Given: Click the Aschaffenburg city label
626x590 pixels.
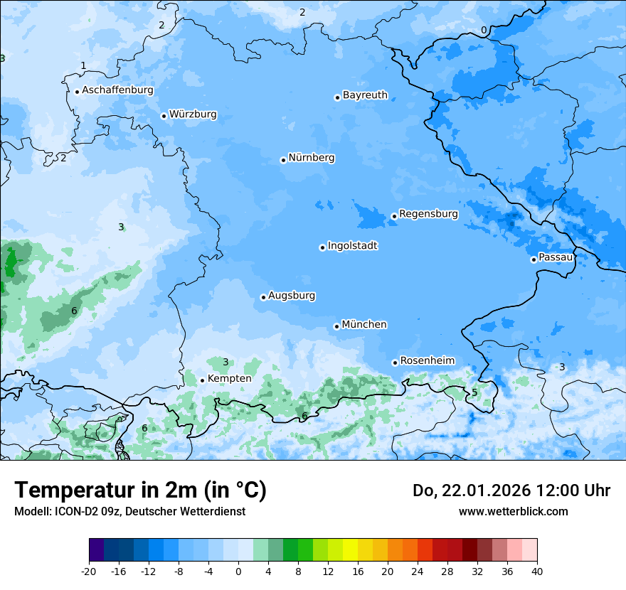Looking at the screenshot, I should pyautogui.click(x=117, y=90).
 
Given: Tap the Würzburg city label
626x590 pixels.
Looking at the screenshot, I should pyautogui.click(x=193, y=114).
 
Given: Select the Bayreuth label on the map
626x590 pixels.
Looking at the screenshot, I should pyautogui.click(x=365, y=95).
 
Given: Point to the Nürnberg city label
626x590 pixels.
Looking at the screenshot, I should pyautogui.click(x=311, y=158).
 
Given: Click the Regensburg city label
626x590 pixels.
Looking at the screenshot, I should pyautogui.click(x=428, y=214).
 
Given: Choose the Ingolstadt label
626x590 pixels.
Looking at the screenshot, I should pyautogui.click(x=352, y=246).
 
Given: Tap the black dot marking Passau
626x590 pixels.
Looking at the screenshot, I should pyautogui.click(x=534, y=259).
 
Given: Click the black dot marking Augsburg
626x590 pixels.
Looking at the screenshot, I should pyautogui.click(x=263, y=297).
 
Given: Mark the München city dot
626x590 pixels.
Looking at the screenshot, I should pyautogui.click(x=336, y=326).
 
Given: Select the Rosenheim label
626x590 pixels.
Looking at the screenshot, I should pyautogui.click(x=427, y=361).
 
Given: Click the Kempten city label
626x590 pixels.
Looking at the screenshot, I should pyautogui.click(x=229, y=379).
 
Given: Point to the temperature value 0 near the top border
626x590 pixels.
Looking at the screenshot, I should pyautogui.click(x=484, y=30).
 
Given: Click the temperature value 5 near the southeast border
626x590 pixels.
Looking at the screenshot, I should pyautogui.click(x=474, y=393).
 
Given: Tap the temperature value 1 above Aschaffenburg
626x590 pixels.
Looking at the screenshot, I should pyautogui.click(x=83, y=65).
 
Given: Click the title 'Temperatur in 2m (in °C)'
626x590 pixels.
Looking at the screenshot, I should pyautogui.click(x=140, y=490).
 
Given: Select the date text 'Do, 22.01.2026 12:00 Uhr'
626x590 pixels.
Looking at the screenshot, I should pyautogui.click(x=511, y=490).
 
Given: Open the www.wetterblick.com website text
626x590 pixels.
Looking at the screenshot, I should pyautogui.click(x=513, y=511).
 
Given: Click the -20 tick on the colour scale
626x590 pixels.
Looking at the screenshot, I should pyautogui.click(x=89, y=571).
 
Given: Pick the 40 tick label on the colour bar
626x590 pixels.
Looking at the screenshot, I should pyautogui.click(x=536, y=571).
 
